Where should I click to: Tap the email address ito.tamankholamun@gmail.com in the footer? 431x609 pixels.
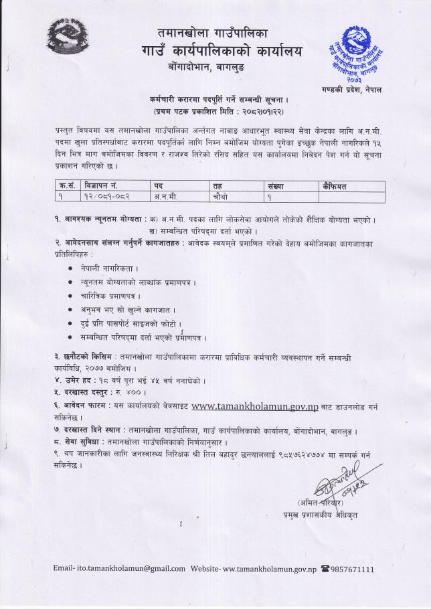coord(131,568)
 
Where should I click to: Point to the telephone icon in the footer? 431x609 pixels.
coord(325,568)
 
